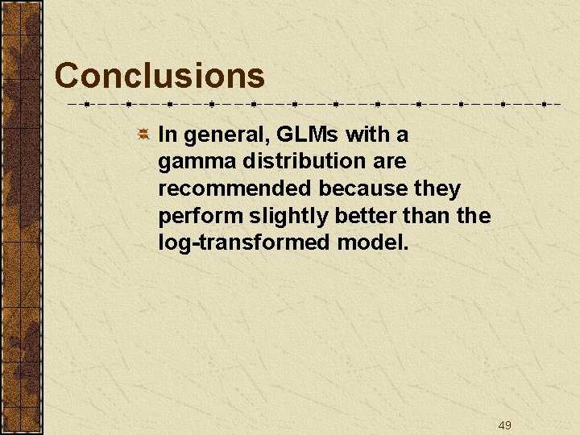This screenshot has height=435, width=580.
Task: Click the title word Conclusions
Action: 159,77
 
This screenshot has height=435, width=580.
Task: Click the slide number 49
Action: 505,425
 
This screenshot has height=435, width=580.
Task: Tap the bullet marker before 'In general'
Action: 143,134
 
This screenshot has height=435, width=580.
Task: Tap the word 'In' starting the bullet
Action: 166,134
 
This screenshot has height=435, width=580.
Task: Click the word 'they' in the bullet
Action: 439,188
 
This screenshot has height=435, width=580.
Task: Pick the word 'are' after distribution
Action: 390,161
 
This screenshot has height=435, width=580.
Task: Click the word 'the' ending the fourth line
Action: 474,216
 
